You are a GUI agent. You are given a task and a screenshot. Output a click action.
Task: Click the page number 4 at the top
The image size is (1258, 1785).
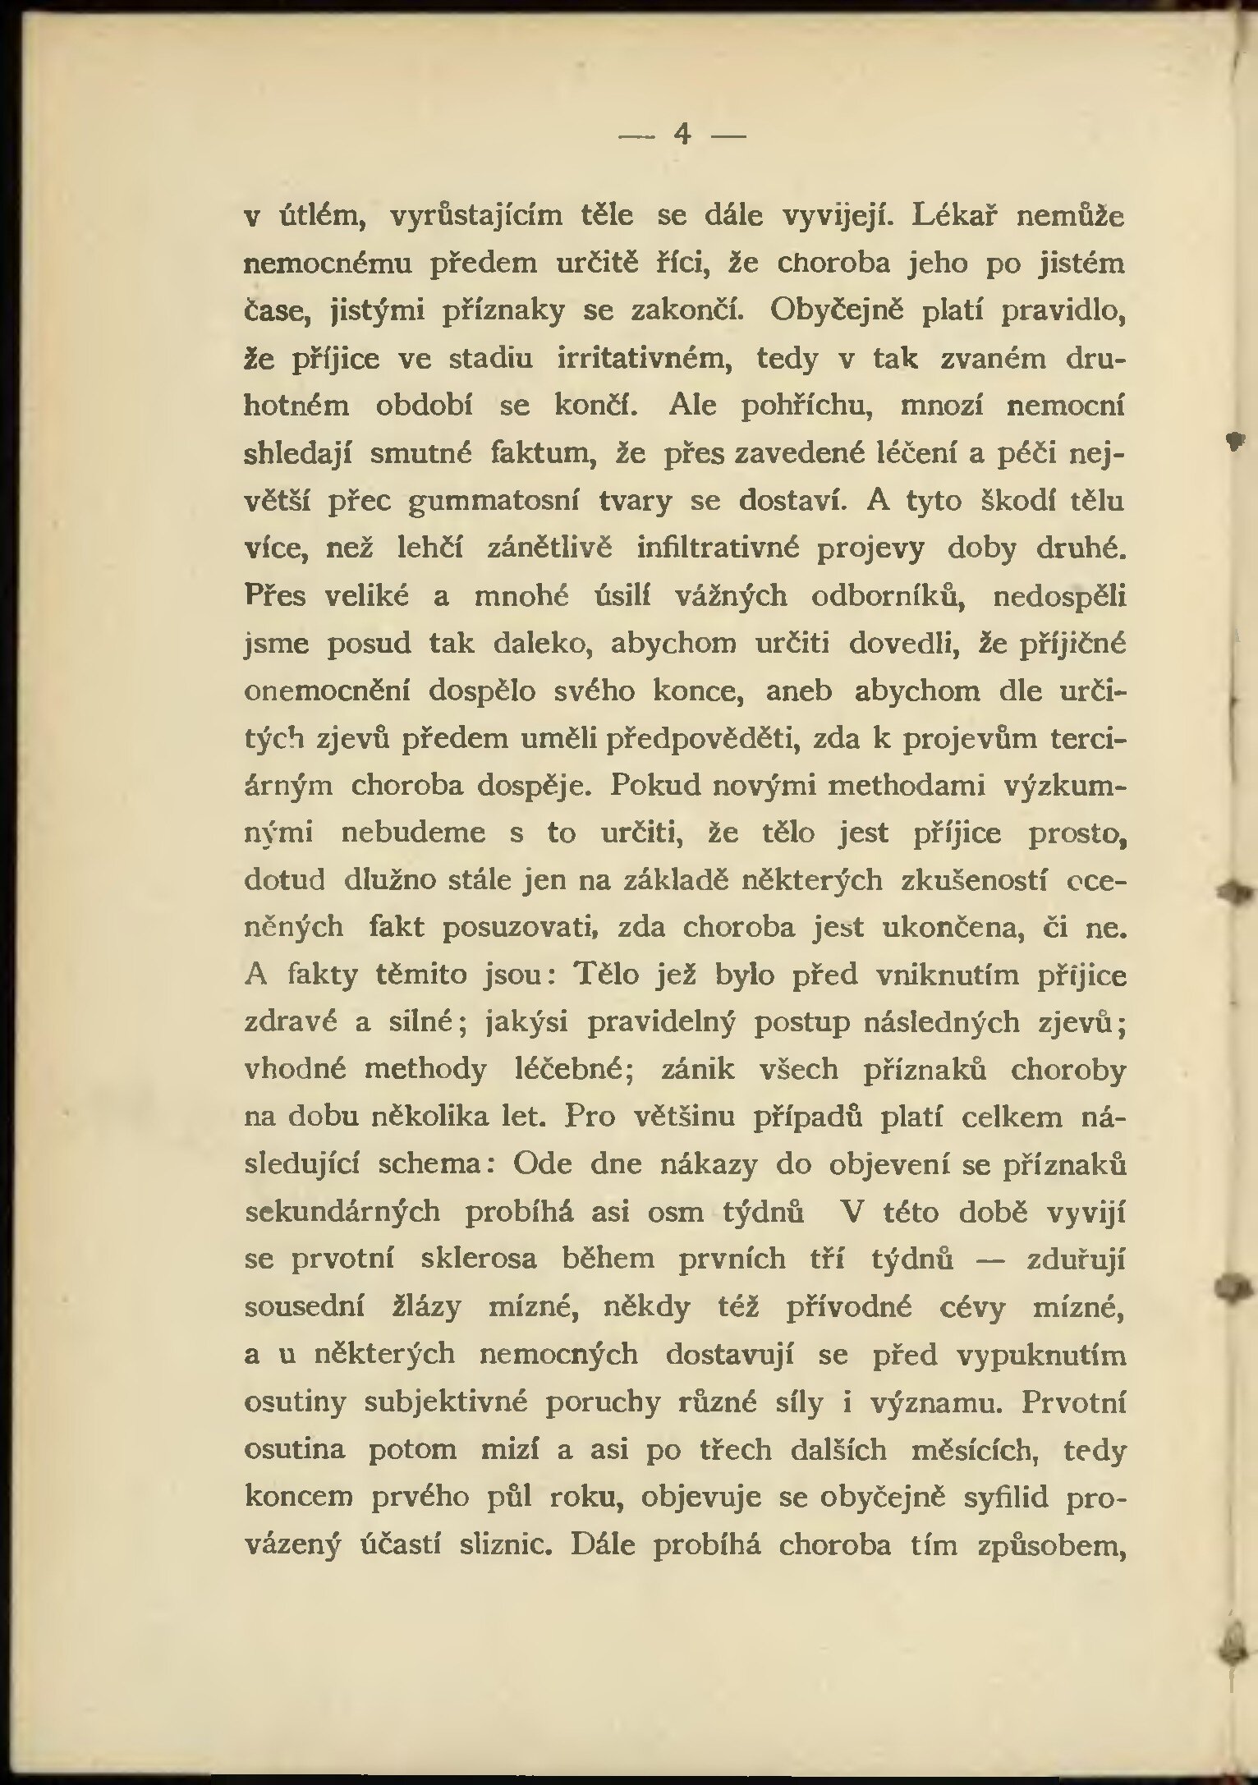coord(681,132)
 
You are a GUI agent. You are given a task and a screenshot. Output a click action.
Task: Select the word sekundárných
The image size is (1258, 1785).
coord(342,1212)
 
